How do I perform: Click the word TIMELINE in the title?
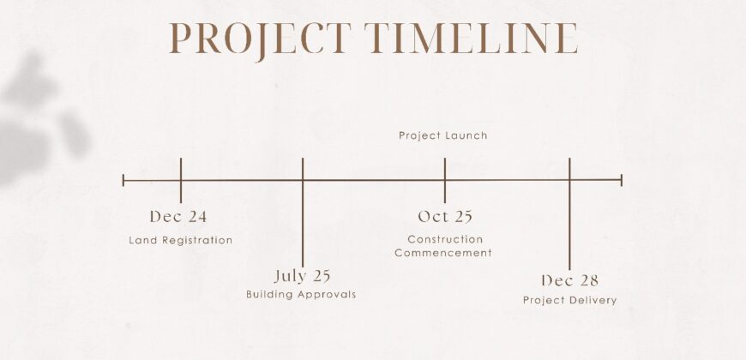(471, 38)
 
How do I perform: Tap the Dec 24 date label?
(178, 217)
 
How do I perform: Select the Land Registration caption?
(181, 240)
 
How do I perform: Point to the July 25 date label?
(302, 276)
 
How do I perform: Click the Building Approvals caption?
(301, 294)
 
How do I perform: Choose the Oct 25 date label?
(445, 217)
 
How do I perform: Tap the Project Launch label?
(443, 135)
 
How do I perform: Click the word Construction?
(445, 239)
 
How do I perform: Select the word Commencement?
(443, 253)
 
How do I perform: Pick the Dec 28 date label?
(569, 280)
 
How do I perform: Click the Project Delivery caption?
(570, 301)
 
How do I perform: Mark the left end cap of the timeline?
(123, 180)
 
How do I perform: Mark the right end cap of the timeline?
(622, 180)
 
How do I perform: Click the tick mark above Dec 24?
(181, 181)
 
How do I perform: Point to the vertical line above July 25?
(303, 213)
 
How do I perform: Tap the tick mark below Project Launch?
(445, 181)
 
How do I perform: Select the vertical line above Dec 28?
(569, 214)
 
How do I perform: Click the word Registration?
(197, 240)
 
